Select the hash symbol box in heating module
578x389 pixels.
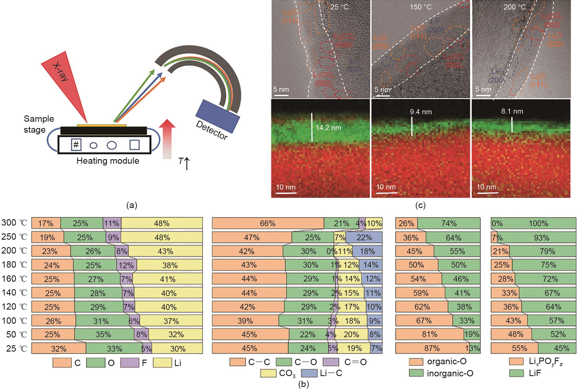coord(76,145)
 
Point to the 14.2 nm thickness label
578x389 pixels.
coord(328,128)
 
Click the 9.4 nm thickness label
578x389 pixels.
coord(421,112)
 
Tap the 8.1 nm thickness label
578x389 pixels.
coord(512,111)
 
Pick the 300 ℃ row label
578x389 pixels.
coord(14,223)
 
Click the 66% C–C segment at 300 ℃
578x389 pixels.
coord(268,224)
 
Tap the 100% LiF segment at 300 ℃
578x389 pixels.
coord(538,224)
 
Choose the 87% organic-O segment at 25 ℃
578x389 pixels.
coord(432,348)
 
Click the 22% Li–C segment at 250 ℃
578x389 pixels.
coord(364,238)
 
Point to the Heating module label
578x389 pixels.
coord(108,161)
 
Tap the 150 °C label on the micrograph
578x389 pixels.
coord(421,7)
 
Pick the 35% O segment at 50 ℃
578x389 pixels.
coord(104,335)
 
